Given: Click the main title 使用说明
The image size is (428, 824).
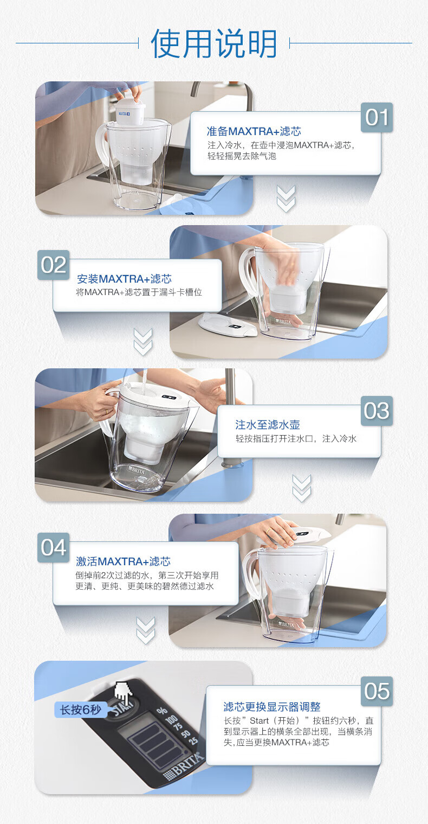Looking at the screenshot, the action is click(214, 43).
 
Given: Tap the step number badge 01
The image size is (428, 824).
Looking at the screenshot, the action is click(377, 117).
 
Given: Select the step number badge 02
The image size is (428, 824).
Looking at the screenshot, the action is click(54, 265).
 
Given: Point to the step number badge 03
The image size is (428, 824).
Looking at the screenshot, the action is click(377, 411).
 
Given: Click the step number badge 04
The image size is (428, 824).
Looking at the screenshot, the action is click(54, 547).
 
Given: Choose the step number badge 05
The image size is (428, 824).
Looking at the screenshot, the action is click(377, 691).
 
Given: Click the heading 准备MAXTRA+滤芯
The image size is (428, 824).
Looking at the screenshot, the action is click(254, 131).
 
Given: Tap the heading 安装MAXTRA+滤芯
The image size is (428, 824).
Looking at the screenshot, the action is click(124, 279).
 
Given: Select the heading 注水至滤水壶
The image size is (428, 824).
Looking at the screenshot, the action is click(268, 425).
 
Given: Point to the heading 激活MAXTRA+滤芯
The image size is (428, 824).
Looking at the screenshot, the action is click(124, 561).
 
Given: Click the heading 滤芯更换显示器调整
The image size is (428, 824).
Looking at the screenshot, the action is click(272, 707).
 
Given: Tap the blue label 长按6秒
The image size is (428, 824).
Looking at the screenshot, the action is click(81, 710).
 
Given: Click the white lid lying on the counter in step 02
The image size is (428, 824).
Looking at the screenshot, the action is click(228, 325).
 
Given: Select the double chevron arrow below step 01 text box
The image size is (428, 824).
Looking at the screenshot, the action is click(286, 199).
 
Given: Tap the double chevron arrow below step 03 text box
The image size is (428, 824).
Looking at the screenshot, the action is click(302, 488).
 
